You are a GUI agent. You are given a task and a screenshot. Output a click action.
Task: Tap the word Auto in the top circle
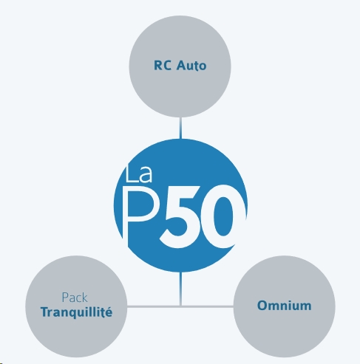coord(191,66)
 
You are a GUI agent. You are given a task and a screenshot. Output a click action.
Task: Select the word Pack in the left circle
coord(75,298)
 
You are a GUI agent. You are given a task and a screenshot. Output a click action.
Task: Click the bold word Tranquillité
coord(77,312)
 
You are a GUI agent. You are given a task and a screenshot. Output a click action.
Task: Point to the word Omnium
coord(285,306)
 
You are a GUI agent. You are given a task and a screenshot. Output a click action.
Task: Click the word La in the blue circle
coord(138,174)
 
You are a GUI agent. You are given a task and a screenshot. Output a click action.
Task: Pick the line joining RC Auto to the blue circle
coord(180,128)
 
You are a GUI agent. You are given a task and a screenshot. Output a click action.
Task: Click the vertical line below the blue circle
coord(180,289)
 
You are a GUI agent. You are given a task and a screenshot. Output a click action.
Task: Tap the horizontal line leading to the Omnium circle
coord(208,306)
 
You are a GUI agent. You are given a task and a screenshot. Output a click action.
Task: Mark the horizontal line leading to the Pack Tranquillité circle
coord(153,306)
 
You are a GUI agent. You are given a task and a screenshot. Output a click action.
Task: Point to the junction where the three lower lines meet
coord(180,306)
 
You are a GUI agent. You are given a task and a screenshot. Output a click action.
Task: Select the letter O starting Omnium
coord(262,306)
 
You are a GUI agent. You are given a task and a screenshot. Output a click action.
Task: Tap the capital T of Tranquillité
coord(45,312)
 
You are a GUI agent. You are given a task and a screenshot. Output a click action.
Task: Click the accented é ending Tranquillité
coord(109,312)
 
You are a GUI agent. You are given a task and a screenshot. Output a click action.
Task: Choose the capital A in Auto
coord(182,66)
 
